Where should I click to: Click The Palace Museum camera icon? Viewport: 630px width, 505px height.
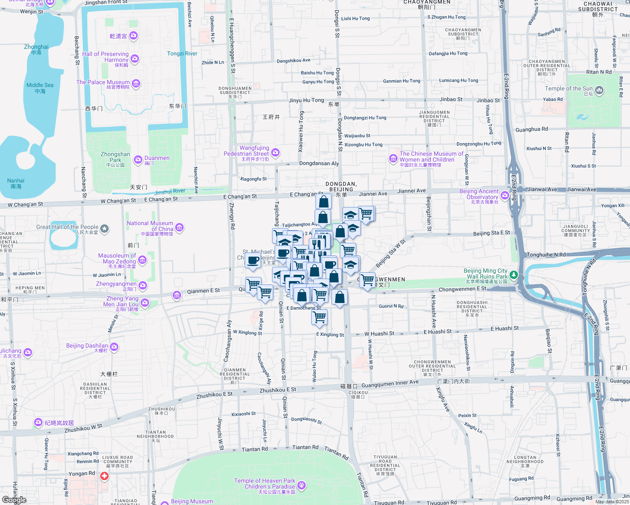pyautogui.click(x=136, y=83)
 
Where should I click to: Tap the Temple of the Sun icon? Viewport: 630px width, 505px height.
pyautogui.click(x=600, y=90)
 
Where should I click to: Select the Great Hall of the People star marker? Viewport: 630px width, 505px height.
pyautogui.click(x=104, y=229)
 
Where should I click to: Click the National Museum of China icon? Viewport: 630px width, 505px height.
pyautogui.click(x=179, y=228)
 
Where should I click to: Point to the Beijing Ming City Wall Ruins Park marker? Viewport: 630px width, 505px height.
pyautogui.click(x=513, y=275)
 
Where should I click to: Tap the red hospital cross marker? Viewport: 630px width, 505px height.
pyautogui.click(x=104, y=476)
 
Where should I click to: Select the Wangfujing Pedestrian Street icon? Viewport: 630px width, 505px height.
pyautogui.click(x=275, y=152)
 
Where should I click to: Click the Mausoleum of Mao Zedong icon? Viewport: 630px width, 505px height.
pyautogui.click(x=142, y=260)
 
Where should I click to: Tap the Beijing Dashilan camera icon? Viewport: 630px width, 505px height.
pyautogui.click(x=114, y=347)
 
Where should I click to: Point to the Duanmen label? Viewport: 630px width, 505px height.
pyautogui.click(x=157, y=158)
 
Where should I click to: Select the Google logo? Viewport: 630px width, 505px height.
pyautogui.click(x=14, y=500)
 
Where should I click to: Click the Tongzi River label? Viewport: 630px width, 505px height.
pyautogui.click(x=182, y=53)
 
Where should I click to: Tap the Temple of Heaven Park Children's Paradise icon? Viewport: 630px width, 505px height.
pyautogui.click(x=301, y=486)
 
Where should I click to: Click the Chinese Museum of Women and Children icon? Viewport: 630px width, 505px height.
pyautogui.click(x=393, y=158)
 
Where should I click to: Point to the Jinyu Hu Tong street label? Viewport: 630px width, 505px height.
pyautogui.click(x=306, y=100)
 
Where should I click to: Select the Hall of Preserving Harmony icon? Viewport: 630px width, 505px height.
pyautogui.click(x=135, y=58)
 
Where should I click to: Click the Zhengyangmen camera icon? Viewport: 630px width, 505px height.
pyautogui.click(x=143, y=286)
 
